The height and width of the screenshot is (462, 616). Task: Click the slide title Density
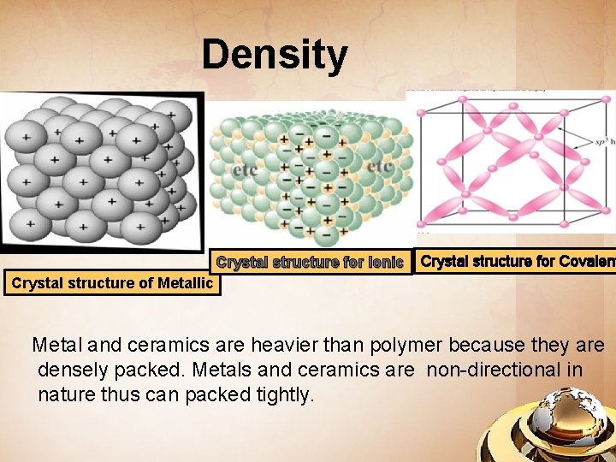275,55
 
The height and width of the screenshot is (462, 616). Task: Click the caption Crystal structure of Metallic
112,282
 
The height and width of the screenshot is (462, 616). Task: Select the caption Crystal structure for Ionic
310,263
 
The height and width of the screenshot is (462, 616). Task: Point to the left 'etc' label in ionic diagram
245,170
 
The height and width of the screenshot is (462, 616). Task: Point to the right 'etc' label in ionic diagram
380,167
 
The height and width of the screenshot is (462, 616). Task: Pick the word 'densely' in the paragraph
73,370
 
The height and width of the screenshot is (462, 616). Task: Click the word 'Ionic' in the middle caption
385,263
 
